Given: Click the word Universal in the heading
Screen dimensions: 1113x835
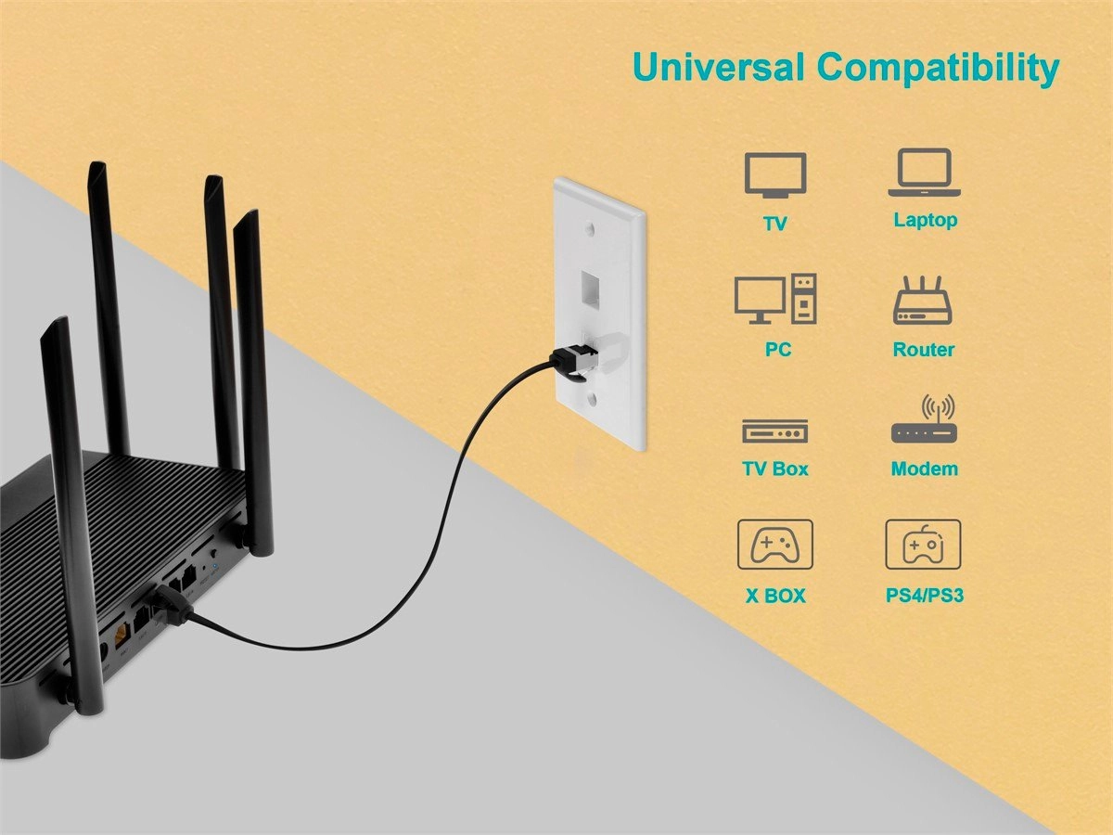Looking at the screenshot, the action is point(719,68).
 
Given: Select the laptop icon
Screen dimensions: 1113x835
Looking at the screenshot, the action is point(925,173).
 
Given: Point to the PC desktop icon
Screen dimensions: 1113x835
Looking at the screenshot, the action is point(775,299).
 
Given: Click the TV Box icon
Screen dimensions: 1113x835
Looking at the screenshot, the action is point(775,430).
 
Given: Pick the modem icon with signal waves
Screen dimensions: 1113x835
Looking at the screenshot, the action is point(924,418).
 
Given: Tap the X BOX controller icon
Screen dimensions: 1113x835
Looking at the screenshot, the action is point(775,544).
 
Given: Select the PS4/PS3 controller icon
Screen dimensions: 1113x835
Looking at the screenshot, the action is point(924,544).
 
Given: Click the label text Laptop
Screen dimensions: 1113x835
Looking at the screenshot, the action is point(926,221).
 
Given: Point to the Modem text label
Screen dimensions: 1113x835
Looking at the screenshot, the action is point(925,469).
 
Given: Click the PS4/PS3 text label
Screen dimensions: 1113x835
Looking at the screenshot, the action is point(925,596).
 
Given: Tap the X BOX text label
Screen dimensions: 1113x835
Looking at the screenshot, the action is point(775,596).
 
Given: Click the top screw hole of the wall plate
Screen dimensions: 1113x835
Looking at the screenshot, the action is point(589,228).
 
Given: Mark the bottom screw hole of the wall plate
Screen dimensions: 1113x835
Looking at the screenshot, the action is point(589,402).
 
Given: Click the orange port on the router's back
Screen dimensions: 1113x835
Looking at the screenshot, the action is point(122,635).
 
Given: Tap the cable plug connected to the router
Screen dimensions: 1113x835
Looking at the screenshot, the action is point(173,604).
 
